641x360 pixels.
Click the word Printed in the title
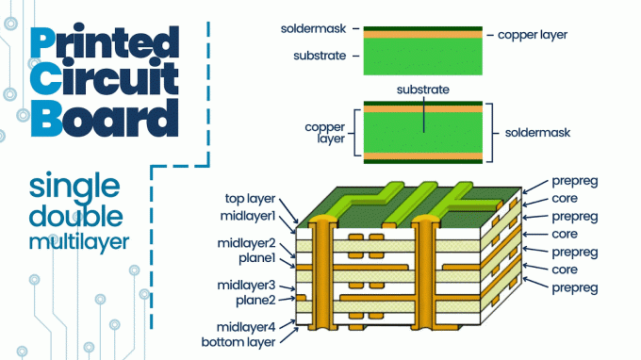coord(105,41)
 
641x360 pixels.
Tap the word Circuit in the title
coord(105,77)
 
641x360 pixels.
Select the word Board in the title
coord(105,118)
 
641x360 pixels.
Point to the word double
coord(76,216)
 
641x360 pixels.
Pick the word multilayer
coord(79,241)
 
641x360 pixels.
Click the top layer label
coord(250,199)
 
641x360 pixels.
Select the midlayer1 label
coord(248,216)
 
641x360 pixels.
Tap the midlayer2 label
coord(247,243)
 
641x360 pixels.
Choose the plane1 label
coord(257,258)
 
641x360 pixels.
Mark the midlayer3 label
coord(246,285)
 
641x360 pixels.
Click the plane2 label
coord(255,301)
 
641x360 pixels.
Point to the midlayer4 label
coord(246,327)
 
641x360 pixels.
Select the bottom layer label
coord(238,342)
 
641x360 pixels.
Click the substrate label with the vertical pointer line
coord(422,90)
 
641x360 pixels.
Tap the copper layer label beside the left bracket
coord(325,133)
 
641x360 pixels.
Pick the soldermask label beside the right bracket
coord(537,132)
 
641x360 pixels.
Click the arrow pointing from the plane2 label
coord(287,299)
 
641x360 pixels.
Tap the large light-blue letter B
coord(46,118)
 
